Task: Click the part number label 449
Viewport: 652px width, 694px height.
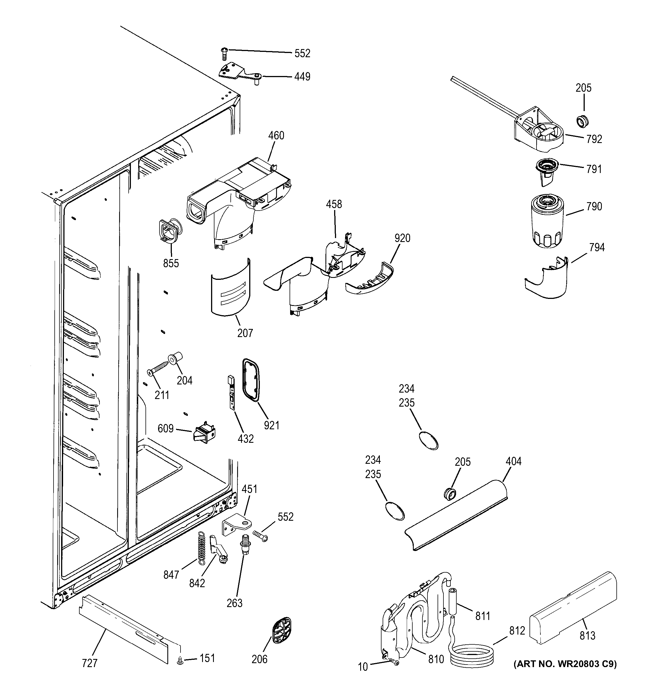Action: [302, 77]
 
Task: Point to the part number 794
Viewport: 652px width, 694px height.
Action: [596, 248]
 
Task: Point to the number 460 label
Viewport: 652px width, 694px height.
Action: [276, 135]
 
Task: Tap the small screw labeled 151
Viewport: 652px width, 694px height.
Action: [181, 660]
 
